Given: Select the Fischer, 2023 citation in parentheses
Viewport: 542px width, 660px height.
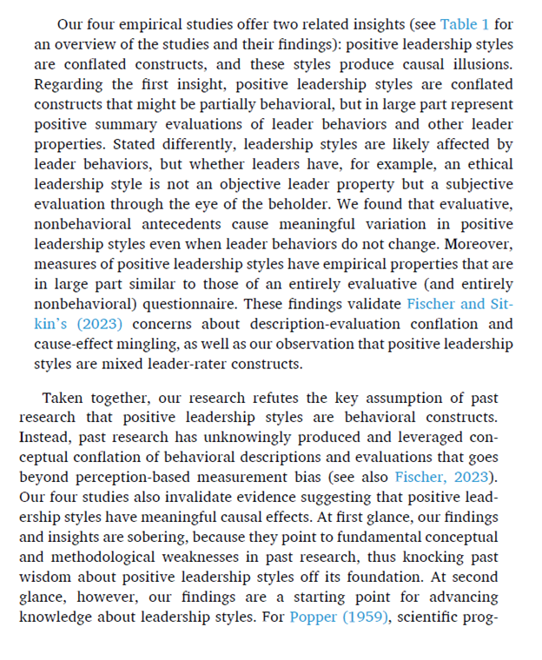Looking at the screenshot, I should pos(440,477).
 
